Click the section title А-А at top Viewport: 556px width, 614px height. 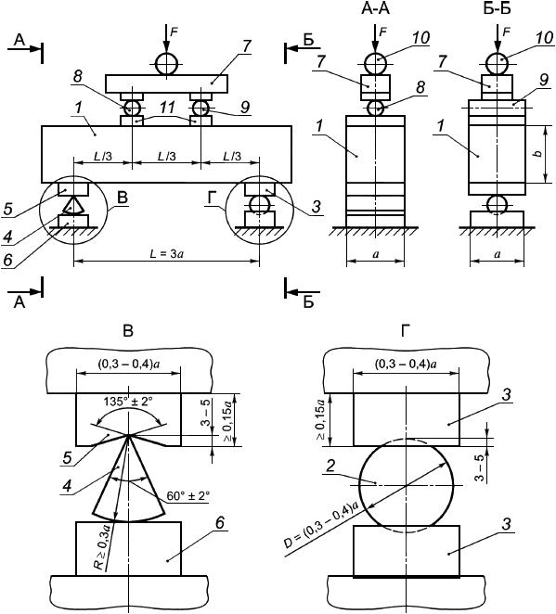coord(375,8)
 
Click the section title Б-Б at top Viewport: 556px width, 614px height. coord(497,8)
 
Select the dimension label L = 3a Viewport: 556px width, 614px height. coord(167,254)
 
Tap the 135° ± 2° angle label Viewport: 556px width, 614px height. coord(128,402)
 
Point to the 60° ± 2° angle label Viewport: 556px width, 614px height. coord(188,495)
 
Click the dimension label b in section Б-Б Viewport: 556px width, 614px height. coord(539,153)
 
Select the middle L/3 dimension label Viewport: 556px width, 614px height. coord(167,157)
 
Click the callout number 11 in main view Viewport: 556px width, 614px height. coord(167,108)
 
